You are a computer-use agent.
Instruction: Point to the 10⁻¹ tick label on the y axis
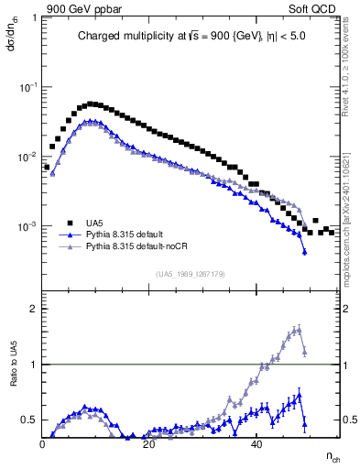(x=29, y=86)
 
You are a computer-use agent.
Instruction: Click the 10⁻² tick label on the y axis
(x=29, y=157)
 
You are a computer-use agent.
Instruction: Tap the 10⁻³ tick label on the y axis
(x=29, y=226)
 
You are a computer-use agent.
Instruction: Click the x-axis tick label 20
(x=150, y=443)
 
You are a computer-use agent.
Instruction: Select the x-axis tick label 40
(x=257, y=443)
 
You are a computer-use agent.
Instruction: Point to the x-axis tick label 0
(x=43, y=443)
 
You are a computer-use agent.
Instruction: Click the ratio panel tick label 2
(x=34, y=309)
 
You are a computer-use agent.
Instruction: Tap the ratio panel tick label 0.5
(x=29, y=420)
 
